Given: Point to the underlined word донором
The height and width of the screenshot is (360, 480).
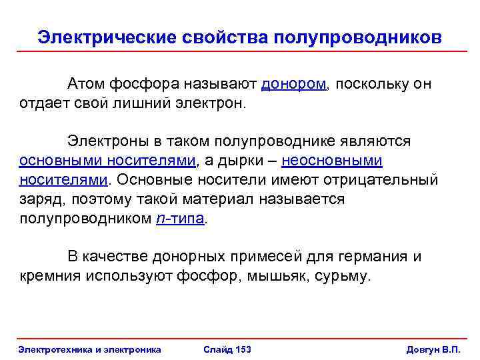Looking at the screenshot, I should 294,84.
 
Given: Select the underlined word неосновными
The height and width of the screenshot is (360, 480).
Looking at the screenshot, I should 332,161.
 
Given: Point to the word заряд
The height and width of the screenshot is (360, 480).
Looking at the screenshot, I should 38,199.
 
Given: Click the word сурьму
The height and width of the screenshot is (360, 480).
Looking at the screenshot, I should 343,276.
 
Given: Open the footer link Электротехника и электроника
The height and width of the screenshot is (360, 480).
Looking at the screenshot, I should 90,349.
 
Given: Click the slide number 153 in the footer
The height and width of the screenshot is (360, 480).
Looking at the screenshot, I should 243,349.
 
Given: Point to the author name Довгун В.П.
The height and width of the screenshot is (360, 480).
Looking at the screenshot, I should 433,349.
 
